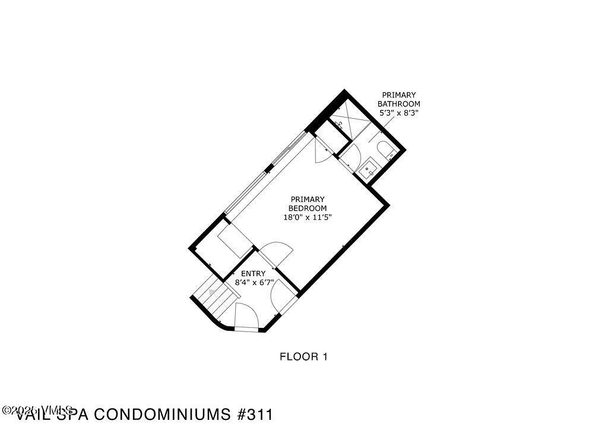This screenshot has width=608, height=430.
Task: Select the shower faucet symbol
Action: [x=339, y=124]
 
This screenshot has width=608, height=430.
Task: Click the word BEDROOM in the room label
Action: [x=307, y=208]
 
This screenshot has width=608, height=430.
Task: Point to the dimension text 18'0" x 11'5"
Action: [x=307, y=217]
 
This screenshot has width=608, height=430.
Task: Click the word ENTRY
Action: [x=253, y=273]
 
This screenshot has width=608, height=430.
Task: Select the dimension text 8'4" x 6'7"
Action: [x=253, y=283]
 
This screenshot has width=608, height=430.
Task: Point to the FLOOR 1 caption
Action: [x=303, y=357]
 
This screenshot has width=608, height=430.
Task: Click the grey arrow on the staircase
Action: [x=211, y=292]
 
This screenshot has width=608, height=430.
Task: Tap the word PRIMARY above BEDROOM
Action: [x=307, y=199]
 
